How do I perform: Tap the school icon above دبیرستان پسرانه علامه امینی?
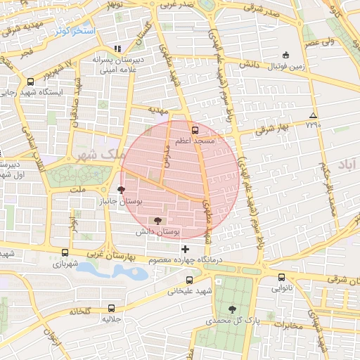pos(117,49)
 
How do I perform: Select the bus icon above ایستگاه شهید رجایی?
pos(30,82)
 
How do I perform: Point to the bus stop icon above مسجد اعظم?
pos(195,129)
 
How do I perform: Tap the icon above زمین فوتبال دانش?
pos(285,55)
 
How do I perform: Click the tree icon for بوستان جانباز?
pos(122,190)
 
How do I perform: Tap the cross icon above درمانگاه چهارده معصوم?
pos(185,249)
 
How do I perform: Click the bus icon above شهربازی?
pos(65,253)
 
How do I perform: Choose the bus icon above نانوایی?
pos(281,278)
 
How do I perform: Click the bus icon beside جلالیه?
pos(112,308)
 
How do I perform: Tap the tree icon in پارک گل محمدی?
pos(232,309)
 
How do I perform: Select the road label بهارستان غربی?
pos(121,254)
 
